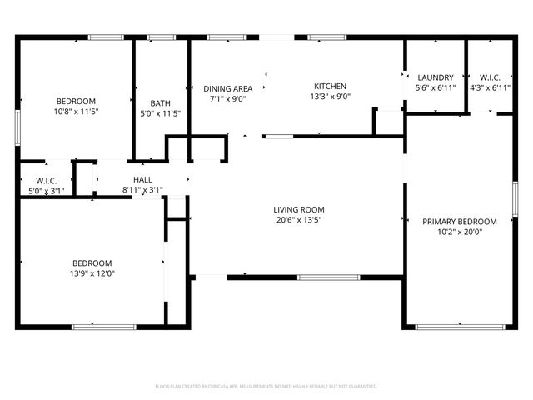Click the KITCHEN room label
click(330, 86)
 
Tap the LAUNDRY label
click(436, 77)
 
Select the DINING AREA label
click(228, 88)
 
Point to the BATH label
click(160, 103)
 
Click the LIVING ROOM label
click(299, 209)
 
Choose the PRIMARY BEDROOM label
click(460, 221)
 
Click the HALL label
click(142, 179)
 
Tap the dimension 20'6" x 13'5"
click(299, 220)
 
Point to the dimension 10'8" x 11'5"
click(77, 112)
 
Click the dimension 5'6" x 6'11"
click(436, 87)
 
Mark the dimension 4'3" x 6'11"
click(490, 87)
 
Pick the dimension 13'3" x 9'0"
click(330, 97)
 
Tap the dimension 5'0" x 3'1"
click(46, 191)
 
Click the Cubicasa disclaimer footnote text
click(266, 387)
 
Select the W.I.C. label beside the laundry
click(490, 77)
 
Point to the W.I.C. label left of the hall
click(46, 181)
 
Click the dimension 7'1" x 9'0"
click(228, 98)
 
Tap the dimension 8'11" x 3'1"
click(142, 190)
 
